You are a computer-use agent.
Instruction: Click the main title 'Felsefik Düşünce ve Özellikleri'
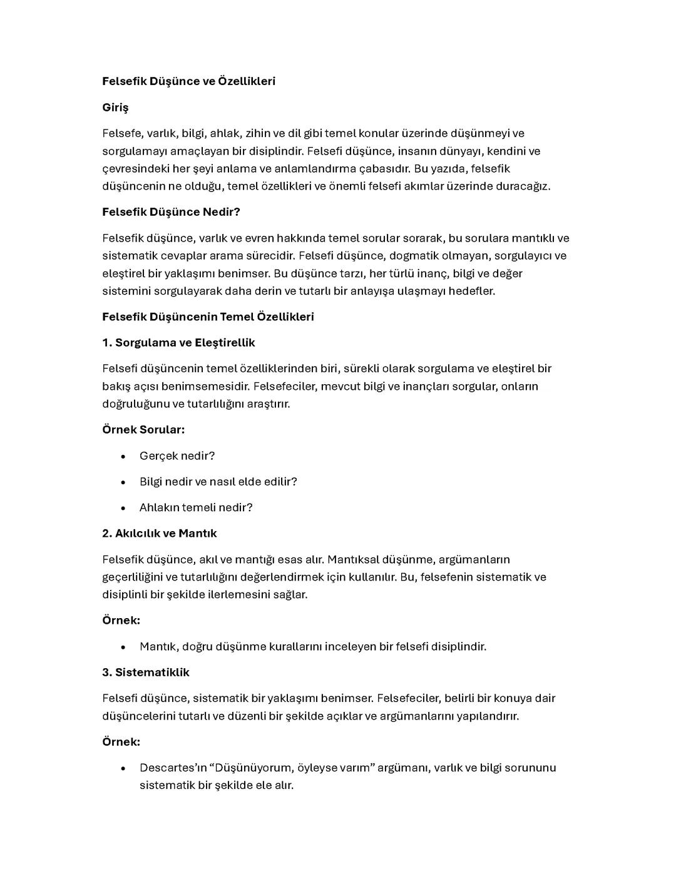[x=188, y=81]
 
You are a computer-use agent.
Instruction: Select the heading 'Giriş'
[x=115, y=108]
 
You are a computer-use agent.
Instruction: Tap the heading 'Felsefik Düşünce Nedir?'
[x=171, y=212]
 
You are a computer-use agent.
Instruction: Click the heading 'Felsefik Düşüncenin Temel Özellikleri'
[x=208, y=317]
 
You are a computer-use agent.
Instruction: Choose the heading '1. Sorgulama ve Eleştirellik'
[x=178, y=343]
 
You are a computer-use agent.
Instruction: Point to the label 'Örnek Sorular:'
[x=143, y=430]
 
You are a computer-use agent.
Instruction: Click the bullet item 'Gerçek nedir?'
[x=177, y=456]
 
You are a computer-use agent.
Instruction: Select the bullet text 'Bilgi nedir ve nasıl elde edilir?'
[x=218, y=482]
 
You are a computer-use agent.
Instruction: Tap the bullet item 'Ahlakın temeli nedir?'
[x=196, y=507]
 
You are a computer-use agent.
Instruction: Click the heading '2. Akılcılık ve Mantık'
[x=160, y=534]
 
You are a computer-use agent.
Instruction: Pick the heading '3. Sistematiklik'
[x=146, y=673]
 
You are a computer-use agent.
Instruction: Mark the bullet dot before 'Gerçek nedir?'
[x=123, y=457]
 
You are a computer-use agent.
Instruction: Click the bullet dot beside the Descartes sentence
[x=123, y=768]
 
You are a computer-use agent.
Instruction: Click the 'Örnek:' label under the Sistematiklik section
[x=121, y=742]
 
